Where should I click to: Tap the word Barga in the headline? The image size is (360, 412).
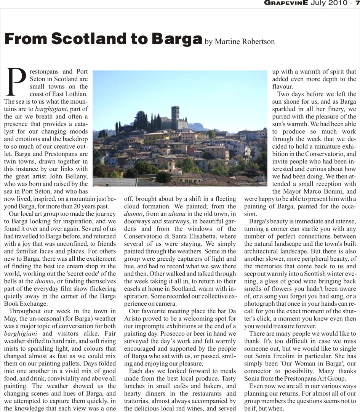(177, 39)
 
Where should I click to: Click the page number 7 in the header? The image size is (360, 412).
(357, 3)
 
